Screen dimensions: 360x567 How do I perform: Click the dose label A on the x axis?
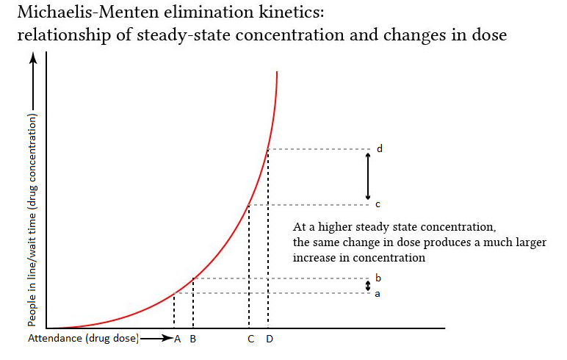(x=178, y=339)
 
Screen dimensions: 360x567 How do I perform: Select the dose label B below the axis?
(x=192, y=339)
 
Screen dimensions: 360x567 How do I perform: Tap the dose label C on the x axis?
(x=251, y=339)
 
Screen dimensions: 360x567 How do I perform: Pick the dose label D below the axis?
(x=269, y=339)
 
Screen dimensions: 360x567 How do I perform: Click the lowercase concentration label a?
(x=378, y=293)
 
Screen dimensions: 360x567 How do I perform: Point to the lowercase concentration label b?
(x=378, y=278)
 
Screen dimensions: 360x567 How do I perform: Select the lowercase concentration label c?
(x=378, y=204)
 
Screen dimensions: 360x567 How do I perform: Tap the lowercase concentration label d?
(x=379, y=148)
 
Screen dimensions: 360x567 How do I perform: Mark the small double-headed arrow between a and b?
(x=369, y=286)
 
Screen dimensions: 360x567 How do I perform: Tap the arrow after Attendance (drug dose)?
(x=156, y=339)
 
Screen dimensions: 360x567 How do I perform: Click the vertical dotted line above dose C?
(x=249, y=264)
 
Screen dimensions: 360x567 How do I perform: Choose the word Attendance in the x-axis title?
(x=56, y=339)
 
